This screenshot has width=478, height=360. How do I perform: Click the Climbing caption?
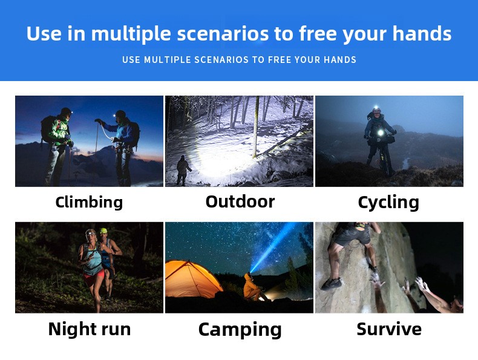pos(89,202)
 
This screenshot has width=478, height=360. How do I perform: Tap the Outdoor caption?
pos(240,201)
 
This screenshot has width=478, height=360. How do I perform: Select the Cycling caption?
pos(388,203)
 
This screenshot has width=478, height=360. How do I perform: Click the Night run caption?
pos(90,329)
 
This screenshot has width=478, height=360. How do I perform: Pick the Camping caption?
pos(240,330)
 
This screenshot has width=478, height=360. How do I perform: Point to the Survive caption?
pos(389,329)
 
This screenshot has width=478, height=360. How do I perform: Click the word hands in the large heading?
pos(422,33)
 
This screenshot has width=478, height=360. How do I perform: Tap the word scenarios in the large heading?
pos(223,33)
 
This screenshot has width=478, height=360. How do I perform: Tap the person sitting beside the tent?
pos(252,287)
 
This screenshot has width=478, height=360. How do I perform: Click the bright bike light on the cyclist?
pos(380,133)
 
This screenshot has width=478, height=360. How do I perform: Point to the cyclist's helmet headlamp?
pos(376,109)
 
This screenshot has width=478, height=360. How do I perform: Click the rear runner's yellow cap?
pos(103,231)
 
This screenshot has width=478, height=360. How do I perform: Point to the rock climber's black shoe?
pos(332,284)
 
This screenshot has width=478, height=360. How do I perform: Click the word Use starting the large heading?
pos(44,33)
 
